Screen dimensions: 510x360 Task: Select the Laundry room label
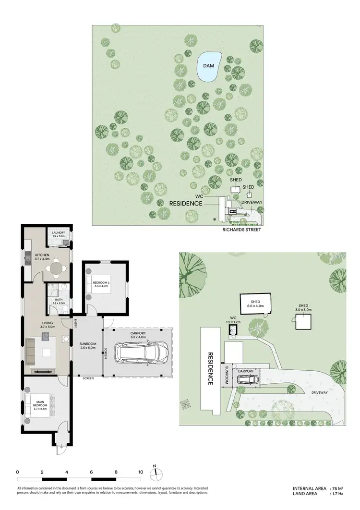tap(59, 234)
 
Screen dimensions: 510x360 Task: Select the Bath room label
tap(59, 301)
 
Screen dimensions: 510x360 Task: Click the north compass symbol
tap(156, 474)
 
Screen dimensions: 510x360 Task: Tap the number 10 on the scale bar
tap(141, 472)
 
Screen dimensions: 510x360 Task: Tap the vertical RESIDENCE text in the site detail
tap(210, 369)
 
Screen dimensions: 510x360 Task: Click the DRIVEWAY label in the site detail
tap(319, 392)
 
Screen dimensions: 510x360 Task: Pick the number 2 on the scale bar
tap(42, 472)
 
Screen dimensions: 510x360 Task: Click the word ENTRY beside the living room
tap(75, 324)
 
